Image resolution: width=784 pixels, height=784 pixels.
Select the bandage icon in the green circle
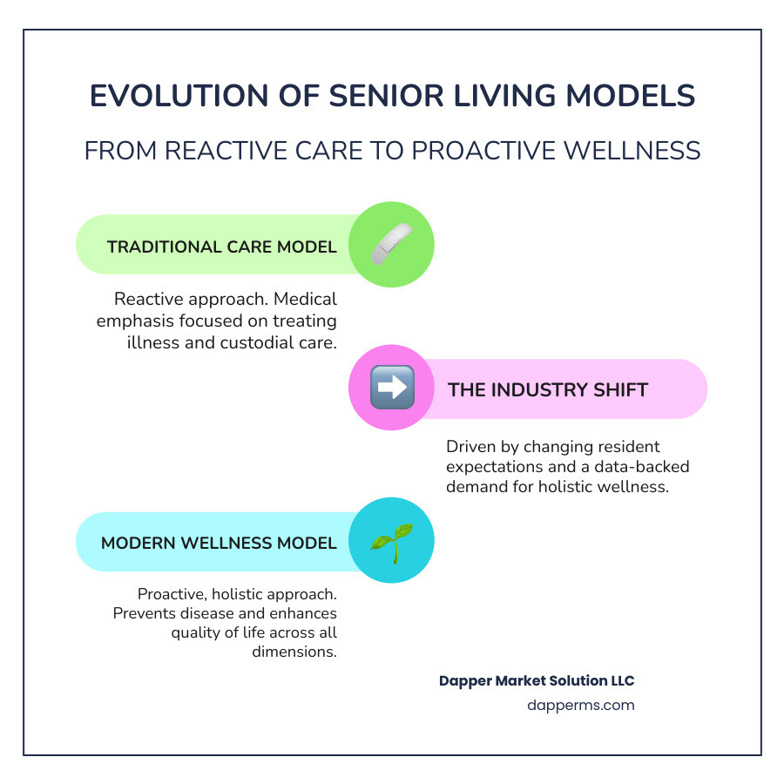click(391, 245)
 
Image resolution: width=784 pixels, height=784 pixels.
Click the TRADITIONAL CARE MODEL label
click(221, 247)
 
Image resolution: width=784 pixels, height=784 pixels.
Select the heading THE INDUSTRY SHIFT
click(548, 389)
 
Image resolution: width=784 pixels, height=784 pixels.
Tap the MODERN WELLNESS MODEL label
click(219, 543)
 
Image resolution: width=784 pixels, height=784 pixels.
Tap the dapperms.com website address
click(581, 705)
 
